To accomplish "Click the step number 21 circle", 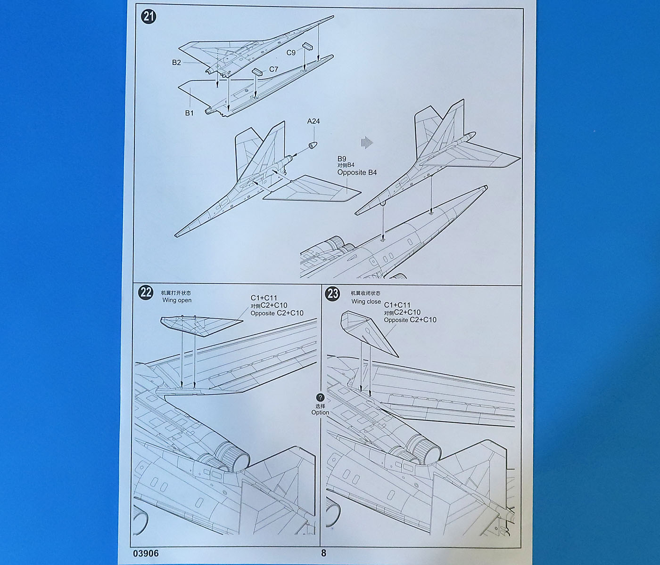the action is [148, 17].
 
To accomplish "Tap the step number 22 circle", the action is [146, 292].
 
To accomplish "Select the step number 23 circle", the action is [333, 294].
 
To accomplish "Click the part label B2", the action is [176, 62].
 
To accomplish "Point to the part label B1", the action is [189, 113].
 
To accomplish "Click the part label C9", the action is [291, 53].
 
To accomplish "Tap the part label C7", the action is [273, 69].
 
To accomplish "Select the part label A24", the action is [313, 121].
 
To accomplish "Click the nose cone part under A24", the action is [313, 144].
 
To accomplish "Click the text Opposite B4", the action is [357, 172].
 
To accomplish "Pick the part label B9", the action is [342, 159].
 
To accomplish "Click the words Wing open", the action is [177, 300].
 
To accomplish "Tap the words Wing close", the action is [366, 301].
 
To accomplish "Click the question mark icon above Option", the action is [321, 398].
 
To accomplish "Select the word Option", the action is [320, 412].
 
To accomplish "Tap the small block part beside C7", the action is [257, 72].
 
